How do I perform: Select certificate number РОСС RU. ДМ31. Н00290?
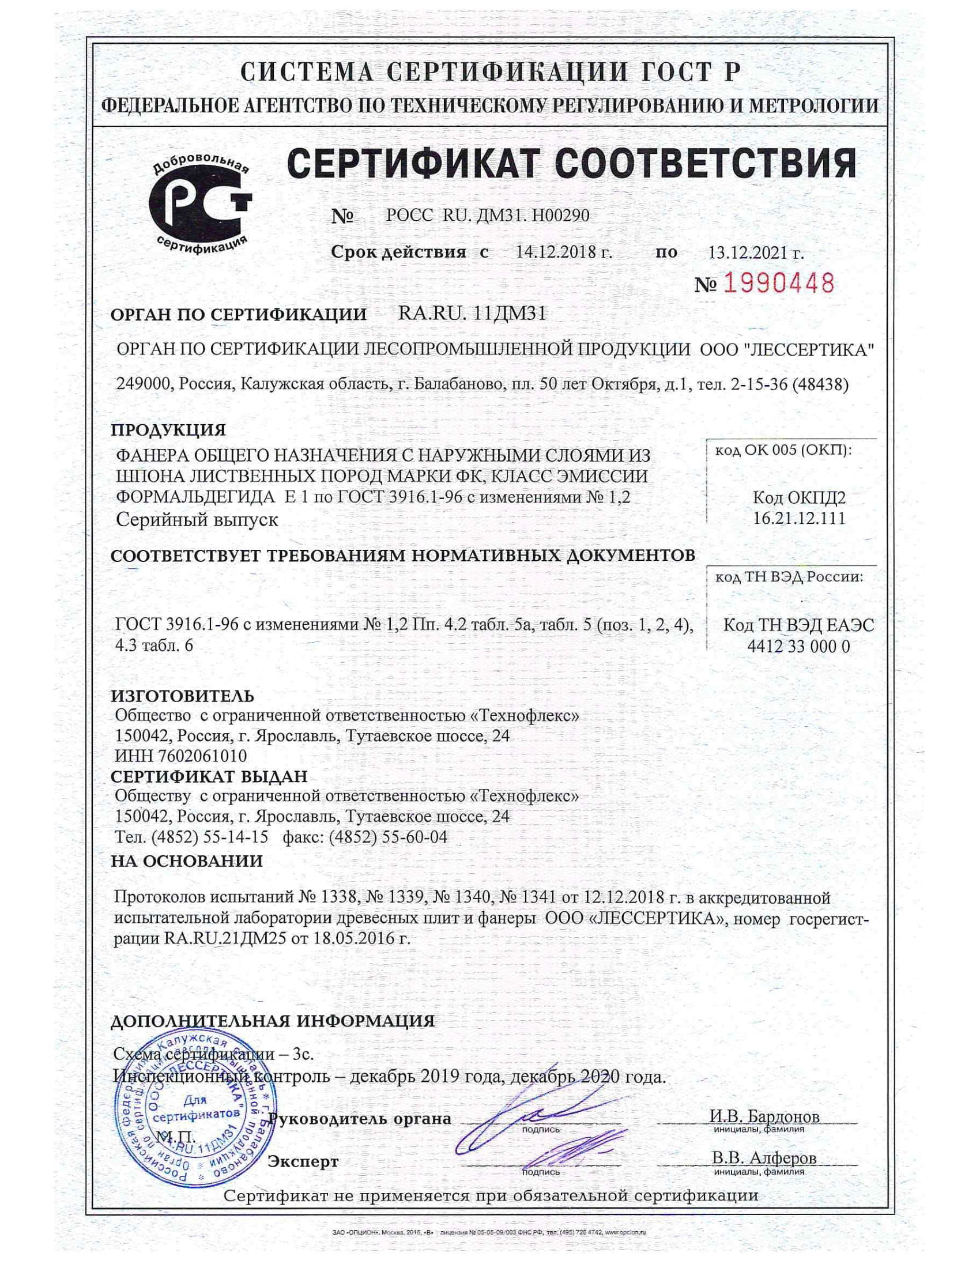[x=488, y=216]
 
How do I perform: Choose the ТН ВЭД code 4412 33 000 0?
[x=799, y=646]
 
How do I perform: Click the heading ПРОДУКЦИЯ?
[x=168, y=430]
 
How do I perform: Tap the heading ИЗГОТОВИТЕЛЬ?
[x=182, y=696]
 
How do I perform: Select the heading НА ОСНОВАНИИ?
[x=186, y=861]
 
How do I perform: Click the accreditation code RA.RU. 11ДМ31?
[x=472, y=314]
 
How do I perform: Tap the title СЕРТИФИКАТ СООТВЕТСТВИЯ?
[x=571, y=164]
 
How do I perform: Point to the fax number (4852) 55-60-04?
[x=388, y=837]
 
